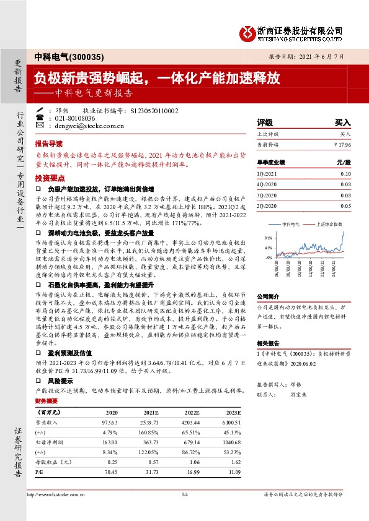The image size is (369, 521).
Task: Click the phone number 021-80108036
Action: pos(75,118)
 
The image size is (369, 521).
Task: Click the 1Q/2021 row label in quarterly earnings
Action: pos(268,174)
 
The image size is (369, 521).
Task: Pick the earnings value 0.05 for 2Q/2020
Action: pos(345,205)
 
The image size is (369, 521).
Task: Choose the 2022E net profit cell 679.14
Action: pos(188,442)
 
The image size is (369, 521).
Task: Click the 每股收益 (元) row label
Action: pos(53,462)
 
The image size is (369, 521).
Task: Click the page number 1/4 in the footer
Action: pos(184,494)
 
